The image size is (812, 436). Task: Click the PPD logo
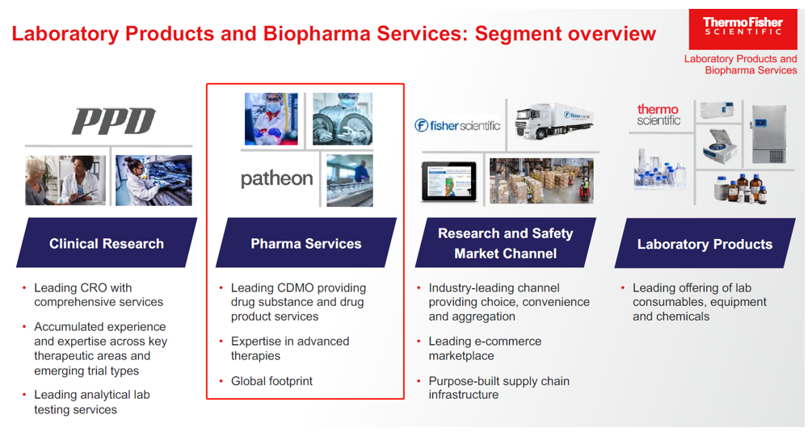point(113,121)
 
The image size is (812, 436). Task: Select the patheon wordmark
point(276,178)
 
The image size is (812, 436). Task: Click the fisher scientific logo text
point(457,125)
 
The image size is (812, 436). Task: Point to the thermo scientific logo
point(658,115)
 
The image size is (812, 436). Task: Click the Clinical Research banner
point(106,243)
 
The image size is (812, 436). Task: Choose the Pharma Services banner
point(305,243)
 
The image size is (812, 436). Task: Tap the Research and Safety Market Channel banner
point(505,243)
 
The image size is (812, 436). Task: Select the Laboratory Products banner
point(705,244)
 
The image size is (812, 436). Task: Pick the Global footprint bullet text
point(271,381)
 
